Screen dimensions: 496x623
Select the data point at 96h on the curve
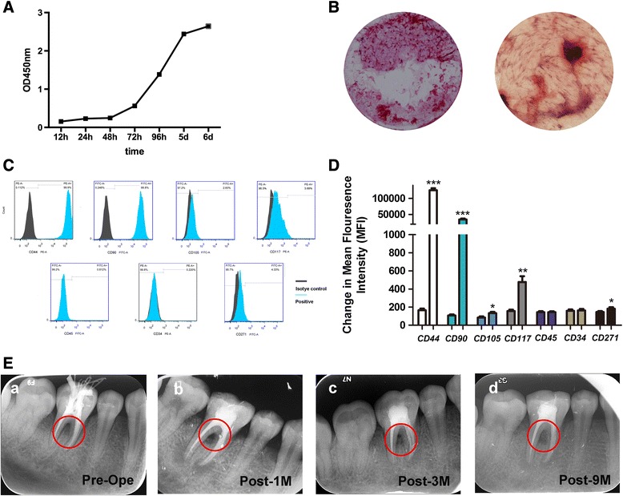coord(160,74)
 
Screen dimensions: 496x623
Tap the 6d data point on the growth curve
coord(209,26)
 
